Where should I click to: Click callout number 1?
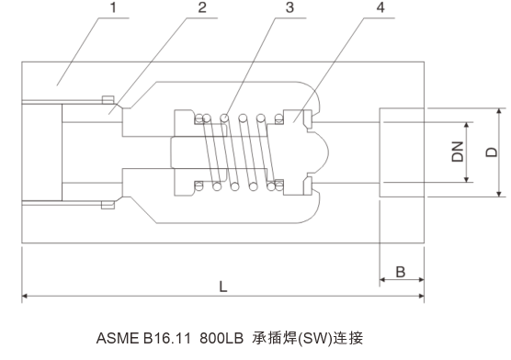pyautogui.click(x=113, y=7)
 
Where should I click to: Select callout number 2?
pyautogui.click(x=202, y=7)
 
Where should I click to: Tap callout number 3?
pyautogui.click(x=290, y=7)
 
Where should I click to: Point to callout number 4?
pyautogui.click(x=380, y=7)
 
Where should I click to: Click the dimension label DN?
pyautogui.click(x=458, y=152)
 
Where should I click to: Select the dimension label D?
pyautogui.click(x=492, y=152)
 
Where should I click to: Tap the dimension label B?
pyautogui.click(x=401, y=272)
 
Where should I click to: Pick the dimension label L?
pyautogui.click(x=223, y=287)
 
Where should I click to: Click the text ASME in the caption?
pyautogui.click(x=118, y=338)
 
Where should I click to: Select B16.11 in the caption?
pyautogui.click(x=166, y=338)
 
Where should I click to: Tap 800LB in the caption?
pyautogui.click(x=221, y=338)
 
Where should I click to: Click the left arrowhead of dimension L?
pyautogui.click(x=25, y=296)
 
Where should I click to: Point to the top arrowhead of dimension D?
pyautogui.click(x=499, y=111)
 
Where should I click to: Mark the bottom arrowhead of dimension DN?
pyautogui.click(x=466, y=179)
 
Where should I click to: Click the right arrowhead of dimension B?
pyautogui.click(x=421, y=279)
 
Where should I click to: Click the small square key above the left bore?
pyautogui.click(x=108, y=100)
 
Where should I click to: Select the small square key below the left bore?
pyautogui.click(x=108, y=205)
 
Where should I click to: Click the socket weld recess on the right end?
pyautogui.click(x=402, y=152)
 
